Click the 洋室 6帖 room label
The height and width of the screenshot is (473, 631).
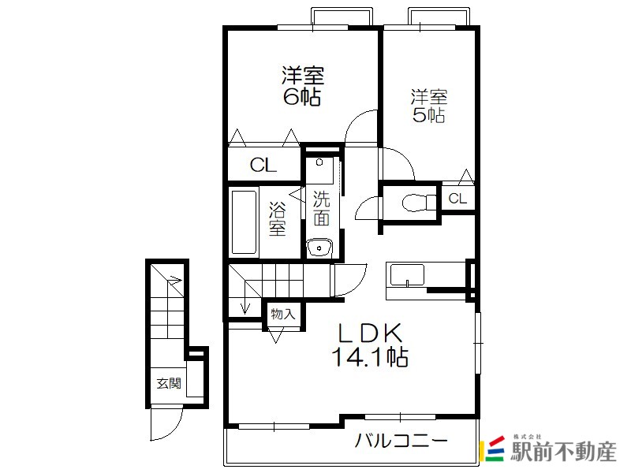(302, 86)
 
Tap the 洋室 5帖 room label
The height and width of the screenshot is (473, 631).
(429, 106)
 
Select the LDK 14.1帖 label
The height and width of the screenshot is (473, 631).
(370, 345)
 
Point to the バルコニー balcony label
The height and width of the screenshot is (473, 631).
(401, 441)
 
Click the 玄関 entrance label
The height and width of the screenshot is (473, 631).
(169, 383)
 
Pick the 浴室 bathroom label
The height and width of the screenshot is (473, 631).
(278, 219)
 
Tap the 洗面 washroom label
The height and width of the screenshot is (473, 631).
(322, 208)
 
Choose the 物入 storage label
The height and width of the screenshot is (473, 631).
(283, 314)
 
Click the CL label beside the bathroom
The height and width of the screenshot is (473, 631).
(263, 165)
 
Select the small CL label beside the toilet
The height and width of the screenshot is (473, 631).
(457, 199)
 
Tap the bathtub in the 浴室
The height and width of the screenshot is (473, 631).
(244, 222)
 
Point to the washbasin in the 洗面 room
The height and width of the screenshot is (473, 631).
(319, 248)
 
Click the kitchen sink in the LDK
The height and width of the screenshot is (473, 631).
(407, 275)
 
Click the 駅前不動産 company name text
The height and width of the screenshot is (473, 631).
(563, 452)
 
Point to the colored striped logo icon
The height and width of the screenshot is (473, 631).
(495, 449)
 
